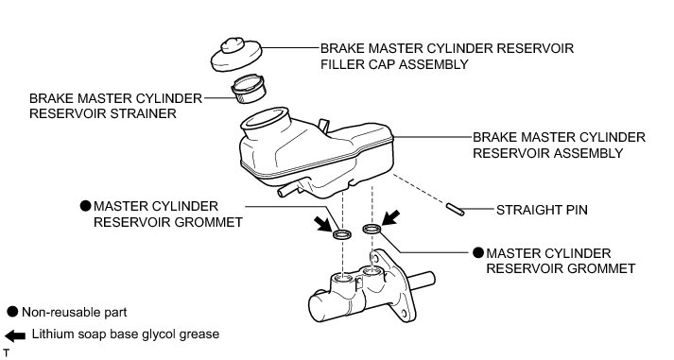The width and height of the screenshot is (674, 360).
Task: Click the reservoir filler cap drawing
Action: click(x=236, y=55)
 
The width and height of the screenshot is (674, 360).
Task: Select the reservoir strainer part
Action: click(x=249, y=89)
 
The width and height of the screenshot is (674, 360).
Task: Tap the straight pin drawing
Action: click(x=455, y=209)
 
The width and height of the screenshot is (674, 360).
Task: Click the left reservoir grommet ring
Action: click(x=342, y=234)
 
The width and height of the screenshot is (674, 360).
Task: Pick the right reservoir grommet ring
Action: click(x=372, y=229)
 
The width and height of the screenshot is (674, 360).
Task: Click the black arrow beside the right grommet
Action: click(x=390, y=218)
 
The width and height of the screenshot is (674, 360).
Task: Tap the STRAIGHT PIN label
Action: click(x=542, y=210)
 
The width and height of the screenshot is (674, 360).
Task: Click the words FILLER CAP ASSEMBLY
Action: click(x=394, y=64)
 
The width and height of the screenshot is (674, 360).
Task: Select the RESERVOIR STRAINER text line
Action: click(x=103, y=113)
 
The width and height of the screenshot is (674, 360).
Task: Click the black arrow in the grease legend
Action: click(x=15, y=335)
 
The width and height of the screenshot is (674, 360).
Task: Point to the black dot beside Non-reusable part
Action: click(x=13, y=312)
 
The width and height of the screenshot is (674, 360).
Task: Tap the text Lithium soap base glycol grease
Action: click(x=126, y=334)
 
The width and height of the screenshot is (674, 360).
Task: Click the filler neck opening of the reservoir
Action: click(x=265, y=117)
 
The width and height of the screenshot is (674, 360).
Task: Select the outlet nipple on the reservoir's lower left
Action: click(x=288, y=189)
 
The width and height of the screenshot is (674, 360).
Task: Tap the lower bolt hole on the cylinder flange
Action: click(x=404, y=314)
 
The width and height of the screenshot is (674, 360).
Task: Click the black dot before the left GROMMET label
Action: click(x=86, y=206)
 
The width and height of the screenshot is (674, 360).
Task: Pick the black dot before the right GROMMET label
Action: click(x=478, y=253)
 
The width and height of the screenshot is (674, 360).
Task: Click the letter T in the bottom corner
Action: click(x=6, y=353)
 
